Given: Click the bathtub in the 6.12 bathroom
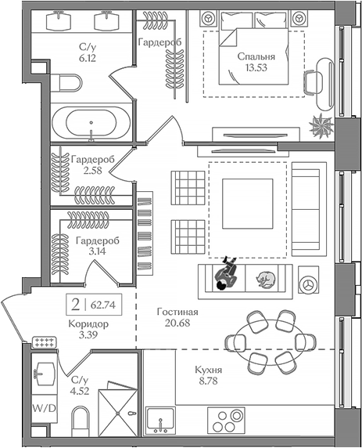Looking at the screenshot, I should [92, 124].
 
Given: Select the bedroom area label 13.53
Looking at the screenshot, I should [255, 69].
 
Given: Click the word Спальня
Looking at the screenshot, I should [255, 56].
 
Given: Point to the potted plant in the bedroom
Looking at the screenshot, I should [320, 123].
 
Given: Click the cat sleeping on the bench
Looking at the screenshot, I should [263, 277].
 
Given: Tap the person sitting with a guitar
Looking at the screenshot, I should [227, 274].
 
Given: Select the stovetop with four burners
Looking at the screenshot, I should [228, 420].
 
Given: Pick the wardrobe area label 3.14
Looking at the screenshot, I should [98, 251].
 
